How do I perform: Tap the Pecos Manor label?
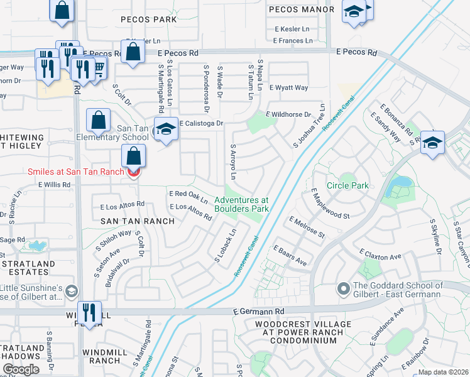301,9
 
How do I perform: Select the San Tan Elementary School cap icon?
166,129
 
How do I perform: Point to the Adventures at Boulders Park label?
241,204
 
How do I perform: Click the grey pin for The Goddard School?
343,289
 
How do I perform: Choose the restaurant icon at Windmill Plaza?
89,312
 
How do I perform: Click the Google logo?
21,369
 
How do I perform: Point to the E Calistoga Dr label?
202,124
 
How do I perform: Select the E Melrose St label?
307,227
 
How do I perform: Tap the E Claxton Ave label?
380,255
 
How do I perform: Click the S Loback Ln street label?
226,245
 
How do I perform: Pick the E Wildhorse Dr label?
288,114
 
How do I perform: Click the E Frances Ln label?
293,41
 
